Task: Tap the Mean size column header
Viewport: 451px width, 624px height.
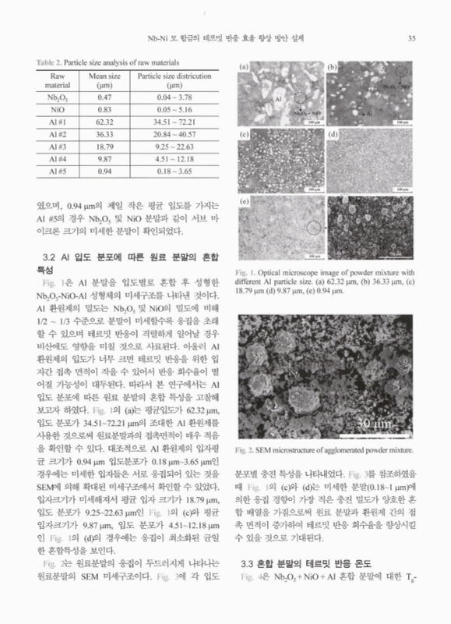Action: pos(104,80)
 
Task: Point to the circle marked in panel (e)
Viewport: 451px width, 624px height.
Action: pos(312,228)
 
